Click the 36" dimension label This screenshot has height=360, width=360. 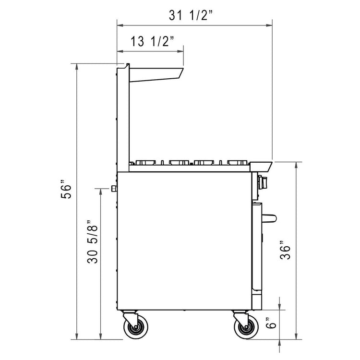click(287, 249)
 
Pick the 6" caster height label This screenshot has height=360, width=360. click(272, 325)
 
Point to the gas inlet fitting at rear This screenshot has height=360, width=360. click(113, 188)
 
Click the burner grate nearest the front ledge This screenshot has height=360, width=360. click(238, 161)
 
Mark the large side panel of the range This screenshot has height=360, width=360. click(185, 240)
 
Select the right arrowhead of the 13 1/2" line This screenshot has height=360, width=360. click(181, 49)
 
